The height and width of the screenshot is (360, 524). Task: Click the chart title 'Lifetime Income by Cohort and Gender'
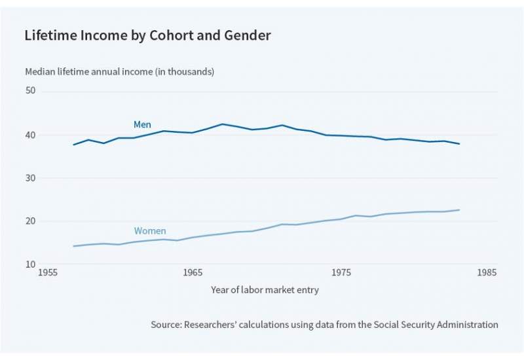coord(147,36)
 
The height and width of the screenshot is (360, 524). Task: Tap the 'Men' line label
coord(142,124)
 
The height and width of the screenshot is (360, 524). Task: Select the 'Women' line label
coord(149,231)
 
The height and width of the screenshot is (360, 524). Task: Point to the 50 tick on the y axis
coord(30,91)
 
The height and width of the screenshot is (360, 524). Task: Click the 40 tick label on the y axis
coord(30,135)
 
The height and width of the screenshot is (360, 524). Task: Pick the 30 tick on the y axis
coord(30,178)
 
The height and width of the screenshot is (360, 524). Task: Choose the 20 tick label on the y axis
coord(30,221)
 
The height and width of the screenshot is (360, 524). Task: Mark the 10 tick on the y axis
coord(30,264)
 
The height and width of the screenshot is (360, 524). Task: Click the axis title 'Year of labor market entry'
coord(265,289)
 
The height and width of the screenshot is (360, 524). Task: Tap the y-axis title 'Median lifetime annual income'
coord(119,71)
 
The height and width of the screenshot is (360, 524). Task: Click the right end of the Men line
coord(459,143)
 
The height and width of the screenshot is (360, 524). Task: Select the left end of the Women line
coord(73,246)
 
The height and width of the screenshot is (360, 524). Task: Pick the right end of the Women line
coord(459,210)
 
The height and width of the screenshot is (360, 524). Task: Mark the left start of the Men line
coord(73,144)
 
